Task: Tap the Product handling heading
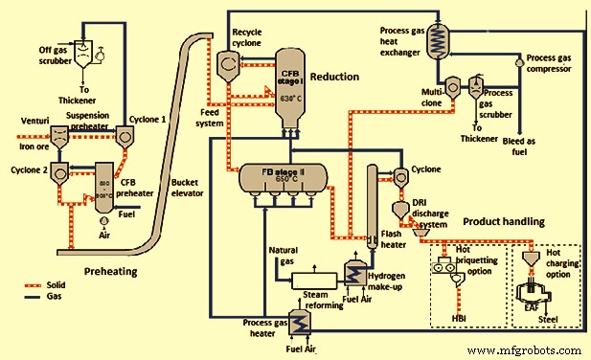[503, 221]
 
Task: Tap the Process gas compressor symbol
[520, 60]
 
